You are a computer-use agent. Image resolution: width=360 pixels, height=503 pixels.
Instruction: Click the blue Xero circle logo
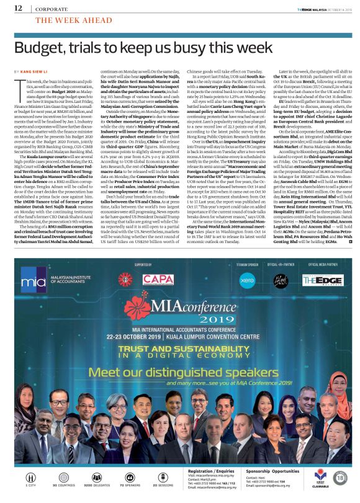click(247, 280)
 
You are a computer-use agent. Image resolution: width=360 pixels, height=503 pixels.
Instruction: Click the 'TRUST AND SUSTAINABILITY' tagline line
click(180, 349)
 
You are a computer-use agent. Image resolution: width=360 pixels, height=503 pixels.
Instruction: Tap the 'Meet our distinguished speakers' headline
click(180, 372)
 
